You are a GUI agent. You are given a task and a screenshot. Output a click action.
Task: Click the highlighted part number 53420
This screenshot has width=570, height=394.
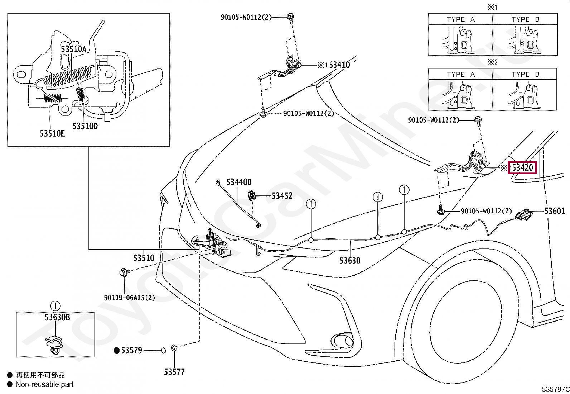coord(522,168)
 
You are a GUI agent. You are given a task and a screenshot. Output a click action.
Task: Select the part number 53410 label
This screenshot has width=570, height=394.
coord(339,65)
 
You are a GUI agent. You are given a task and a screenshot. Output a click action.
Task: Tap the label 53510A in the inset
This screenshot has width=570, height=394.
coord(74,49)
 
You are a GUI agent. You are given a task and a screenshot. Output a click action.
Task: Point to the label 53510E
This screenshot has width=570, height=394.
coord(52,133)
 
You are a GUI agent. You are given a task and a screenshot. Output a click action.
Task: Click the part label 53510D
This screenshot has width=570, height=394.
coord(85,126)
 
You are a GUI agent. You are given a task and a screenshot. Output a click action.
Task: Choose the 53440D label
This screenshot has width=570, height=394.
coord(239,182)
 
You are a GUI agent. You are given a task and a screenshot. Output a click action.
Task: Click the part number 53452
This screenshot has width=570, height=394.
coord(282,196)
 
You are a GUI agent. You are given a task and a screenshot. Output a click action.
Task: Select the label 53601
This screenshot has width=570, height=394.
coord(555,211)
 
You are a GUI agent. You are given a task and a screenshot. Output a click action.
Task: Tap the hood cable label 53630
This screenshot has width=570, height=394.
coord(350,261)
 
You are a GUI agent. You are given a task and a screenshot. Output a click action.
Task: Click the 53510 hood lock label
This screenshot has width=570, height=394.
coord(144,258)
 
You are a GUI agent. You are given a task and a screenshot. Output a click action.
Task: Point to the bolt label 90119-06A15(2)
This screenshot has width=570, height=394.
coord(130,298)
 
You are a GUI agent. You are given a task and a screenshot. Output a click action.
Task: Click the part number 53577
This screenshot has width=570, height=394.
coord(174,372)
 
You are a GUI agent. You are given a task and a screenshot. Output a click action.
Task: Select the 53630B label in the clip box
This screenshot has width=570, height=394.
coord(57,317)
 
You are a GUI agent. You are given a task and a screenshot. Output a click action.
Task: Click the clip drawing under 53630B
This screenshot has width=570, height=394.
coord(54,345)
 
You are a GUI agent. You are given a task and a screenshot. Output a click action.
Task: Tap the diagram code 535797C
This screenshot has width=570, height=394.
coord(555,389)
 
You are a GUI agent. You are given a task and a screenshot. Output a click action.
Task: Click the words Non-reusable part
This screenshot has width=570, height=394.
coord(44,384)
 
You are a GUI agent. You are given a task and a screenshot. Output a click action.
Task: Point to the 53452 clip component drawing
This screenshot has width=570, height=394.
coord(252,196)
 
